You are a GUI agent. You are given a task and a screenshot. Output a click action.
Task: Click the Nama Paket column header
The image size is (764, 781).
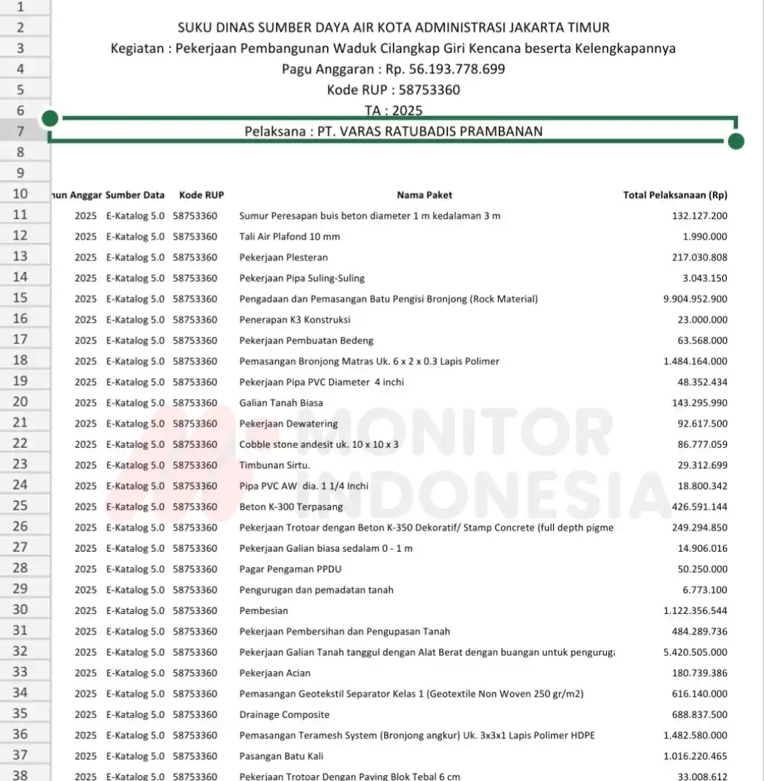coord(424,195)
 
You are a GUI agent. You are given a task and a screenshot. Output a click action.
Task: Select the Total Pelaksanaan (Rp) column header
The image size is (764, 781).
coord(675,195)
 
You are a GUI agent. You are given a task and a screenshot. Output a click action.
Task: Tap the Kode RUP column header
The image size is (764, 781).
coord(202,195)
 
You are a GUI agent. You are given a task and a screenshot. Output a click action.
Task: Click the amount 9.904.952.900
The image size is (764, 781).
coord(695,299)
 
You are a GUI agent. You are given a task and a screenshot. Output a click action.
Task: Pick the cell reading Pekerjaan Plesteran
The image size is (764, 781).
coord(284,258)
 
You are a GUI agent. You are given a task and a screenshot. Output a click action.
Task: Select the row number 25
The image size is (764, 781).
coord(21,507)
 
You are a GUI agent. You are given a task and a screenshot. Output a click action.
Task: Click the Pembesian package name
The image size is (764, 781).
coord(264,611)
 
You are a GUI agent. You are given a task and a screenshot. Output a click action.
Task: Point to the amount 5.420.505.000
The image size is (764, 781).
coord(695,652)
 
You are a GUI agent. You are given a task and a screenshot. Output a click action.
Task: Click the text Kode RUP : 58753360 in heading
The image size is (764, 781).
coord(393,90)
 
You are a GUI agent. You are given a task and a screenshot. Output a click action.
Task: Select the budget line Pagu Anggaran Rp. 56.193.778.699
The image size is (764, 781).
coord(393,69)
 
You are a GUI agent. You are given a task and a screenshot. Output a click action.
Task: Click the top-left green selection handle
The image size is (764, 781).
coord(50,118)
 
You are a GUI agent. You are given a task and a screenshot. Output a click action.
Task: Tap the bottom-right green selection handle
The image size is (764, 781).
coord(736,141)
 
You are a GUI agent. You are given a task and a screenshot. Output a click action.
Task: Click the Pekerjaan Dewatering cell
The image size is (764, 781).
coord(289,424)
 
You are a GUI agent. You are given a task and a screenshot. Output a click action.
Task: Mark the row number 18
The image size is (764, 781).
coord(21,361)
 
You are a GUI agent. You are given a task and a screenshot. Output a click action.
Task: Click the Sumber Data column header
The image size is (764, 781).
coord(135,195)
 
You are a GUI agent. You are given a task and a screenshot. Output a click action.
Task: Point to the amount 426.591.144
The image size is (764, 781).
coord(699,507)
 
